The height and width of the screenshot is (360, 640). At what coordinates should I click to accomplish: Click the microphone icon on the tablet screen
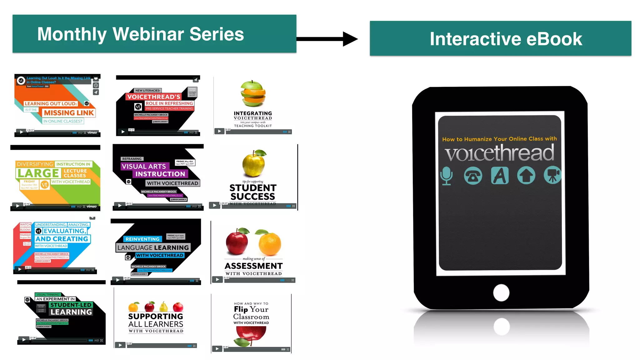[x=446, y=176]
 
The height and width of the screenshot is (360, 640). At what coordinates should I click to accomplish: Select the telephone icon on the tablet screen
[x=473, y=176]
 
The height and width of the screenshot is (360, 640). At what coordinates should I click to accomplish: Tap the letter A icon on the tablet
[x=500, y=176]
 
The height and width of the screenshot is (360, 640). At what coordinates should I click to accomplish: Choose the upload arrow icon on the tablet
[x=526, y=176]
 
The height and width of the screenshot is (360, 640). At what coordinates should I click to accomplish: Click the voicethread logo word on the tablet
[x=499, y=153]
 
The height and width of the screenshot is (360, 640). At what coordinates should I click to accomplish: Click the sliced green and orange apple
[x=253, y=93]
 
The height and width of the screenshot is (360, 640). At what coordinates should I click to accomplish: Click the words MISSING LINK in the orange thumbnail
[x=69, y=113]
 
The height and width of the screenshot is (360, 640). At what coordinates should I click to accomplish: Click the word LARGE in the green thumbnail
[x=38, y=173]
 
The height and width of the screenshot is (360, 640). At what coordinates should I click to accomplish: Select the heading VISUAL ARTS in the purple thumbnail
[x=144, y=166]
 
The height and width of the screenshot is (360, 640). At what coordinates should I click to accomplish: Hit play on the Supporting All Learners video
[x=120, y=345]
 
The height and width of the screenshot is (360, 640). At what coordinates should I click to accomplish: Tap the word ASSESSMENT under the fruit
[x=253, y=266]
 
